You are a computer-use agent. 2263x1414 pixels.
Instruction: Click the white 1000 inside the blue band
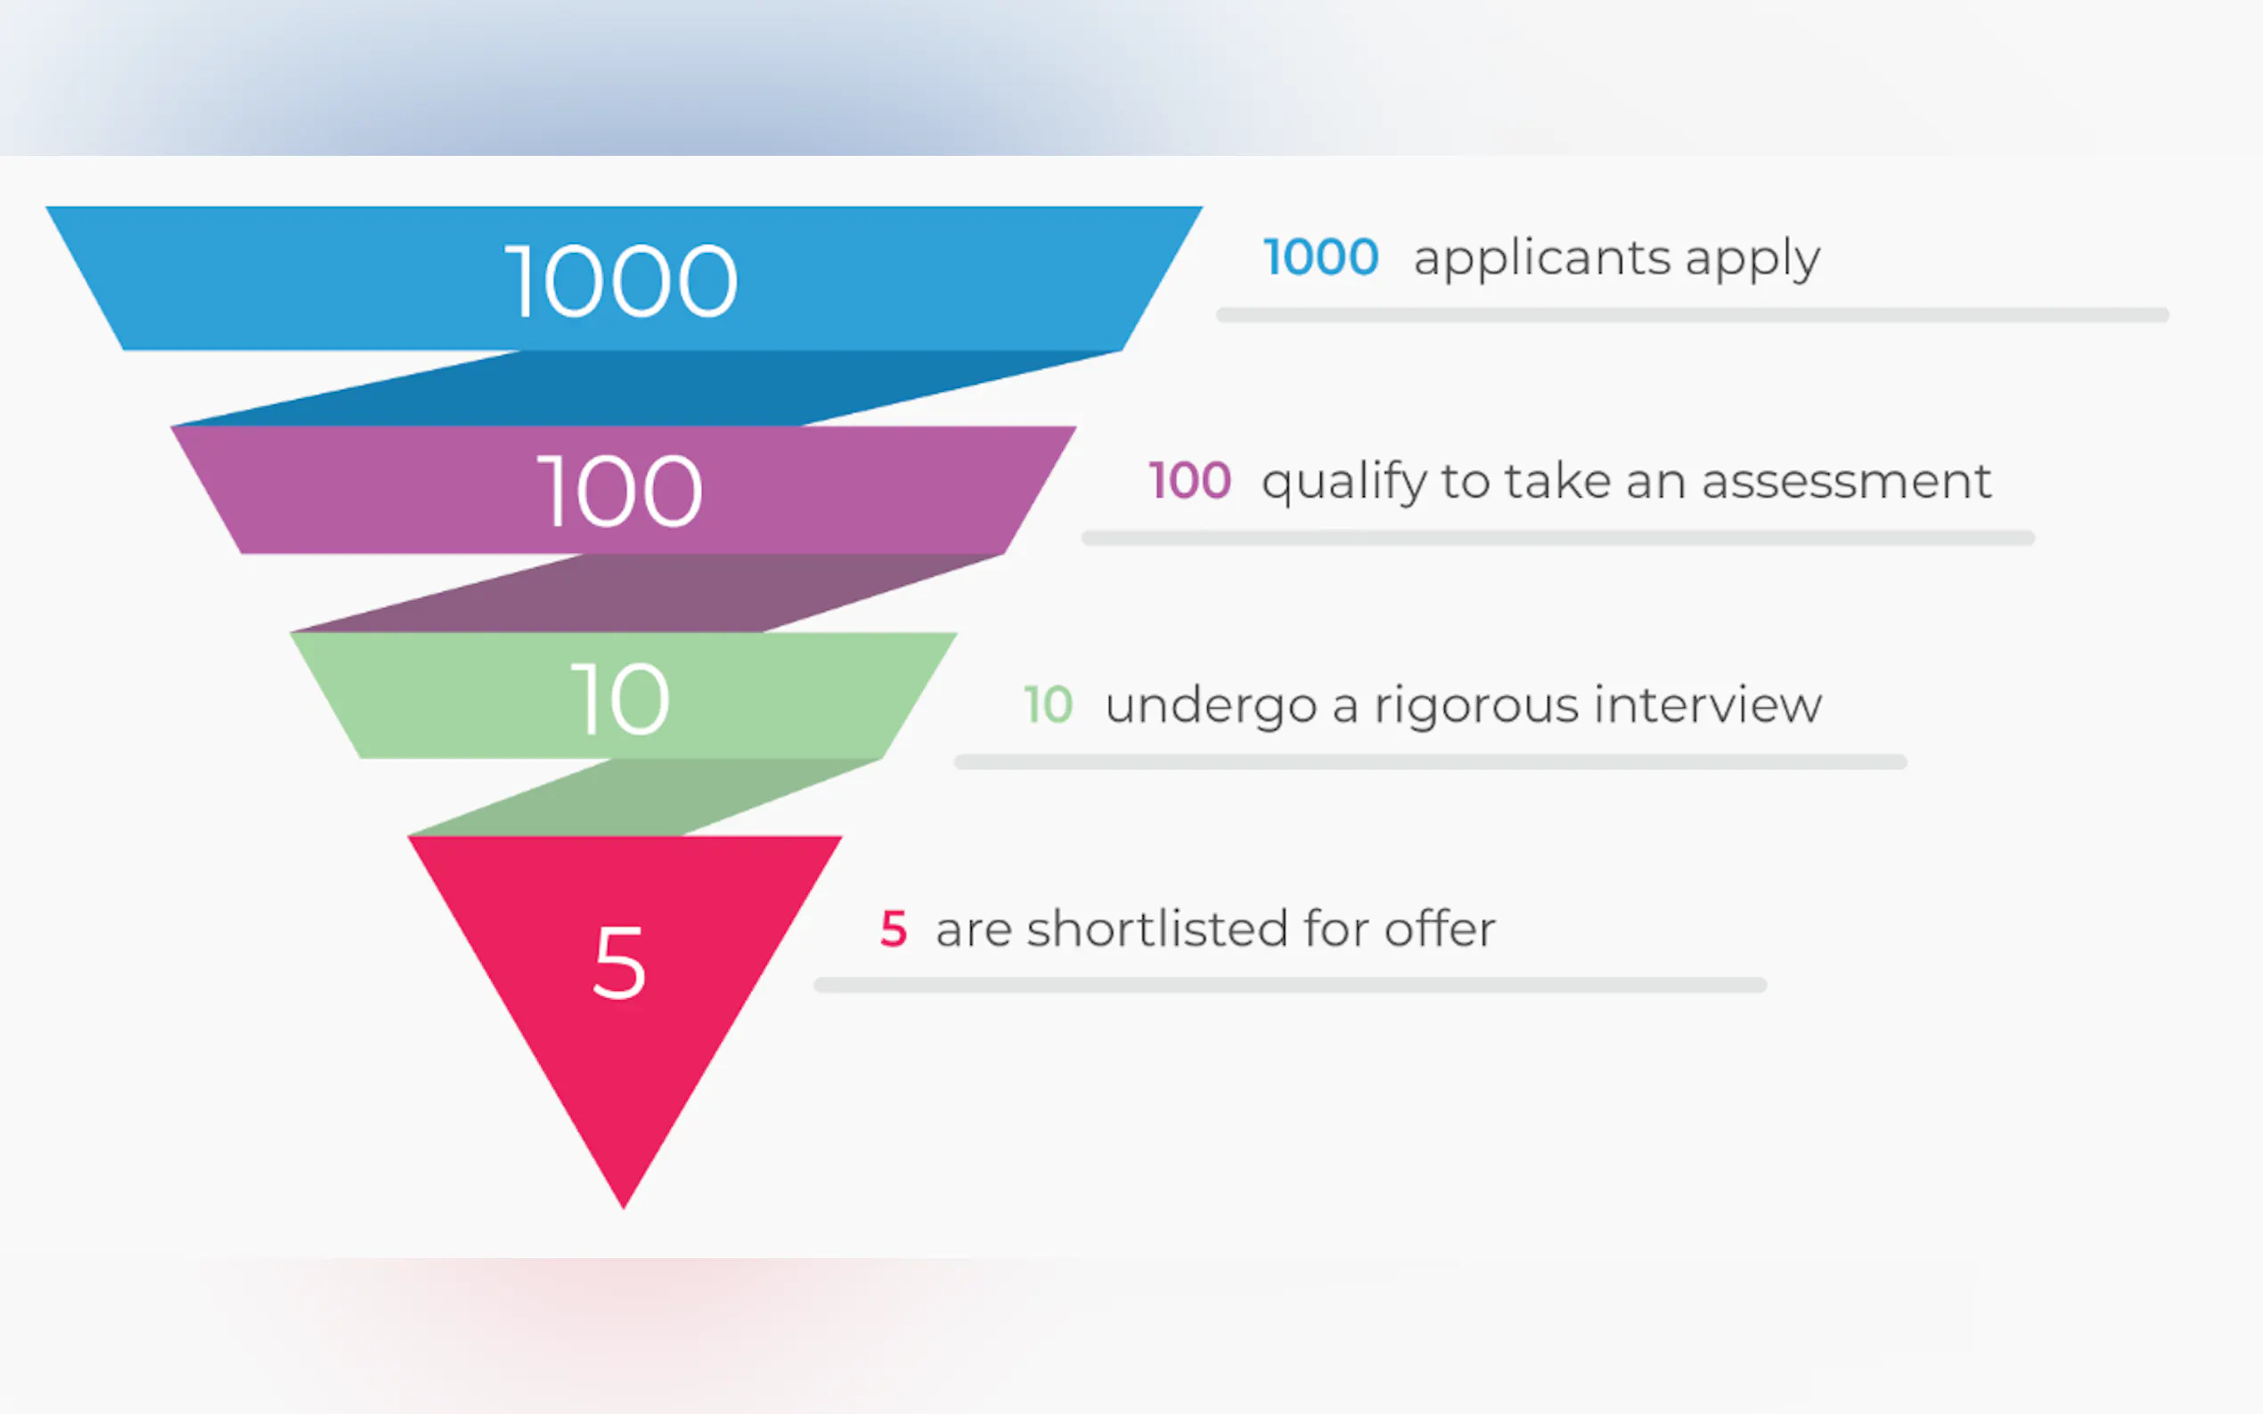(x=622, y=280)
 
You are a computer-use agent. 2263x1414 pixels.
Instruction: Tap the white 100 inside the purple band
(x=620, y=491)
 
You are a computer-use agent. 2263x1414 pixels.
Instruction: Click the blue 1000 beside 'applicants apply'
(x=1321, y=257)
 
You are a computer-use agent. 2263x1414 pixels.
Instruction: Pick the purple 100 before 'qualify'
(x=1190, y=481)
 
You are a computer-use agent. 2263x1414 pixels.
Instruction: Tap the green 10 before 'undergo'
(x=1049, y=704)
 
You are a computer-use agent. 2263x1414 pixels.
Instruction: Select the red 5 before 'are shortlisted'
(x=894, y=929)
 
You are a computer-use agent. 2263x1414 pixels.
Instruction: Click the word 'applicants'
(x=1541, y=257)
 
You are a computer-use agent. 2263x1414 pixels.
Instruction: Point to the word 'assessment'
(x=1846, y=482)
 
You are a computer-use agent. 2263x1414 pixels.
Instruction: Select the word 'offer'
(x=1440, y=928)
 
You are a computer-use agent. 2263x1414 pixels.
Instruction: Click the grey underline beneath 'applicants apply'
(x=1692, y=315)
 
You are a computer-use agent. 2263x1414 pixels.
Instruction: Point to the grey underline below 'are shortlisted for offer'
(x=1290, y=985)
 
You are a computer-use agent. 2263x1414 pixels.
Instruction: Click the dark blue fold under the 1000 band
(x=646, y=388)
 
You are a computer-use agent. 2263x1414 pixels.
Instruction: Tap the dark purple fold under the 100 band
(x=646, y=593)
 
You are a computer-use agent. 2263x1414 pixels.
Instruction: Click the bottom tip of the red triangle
(x=624, y=1208)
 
